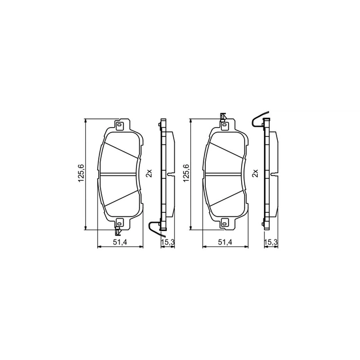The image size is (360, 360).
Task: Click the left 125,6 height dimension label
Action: [x=81, y=173]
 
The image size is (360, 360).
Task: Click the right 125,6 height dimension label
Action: [x=186, y=173]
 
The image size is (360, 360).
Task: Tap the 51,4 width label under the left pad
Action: [x=121, y=242]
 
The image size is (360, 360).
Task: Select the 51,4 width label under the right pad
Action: [x=226, y=242]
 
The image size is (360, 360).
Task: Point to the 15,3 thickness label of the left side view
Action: [x=168, y=242]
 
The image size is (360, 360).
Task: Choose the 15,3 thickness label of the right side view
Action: [x=271, y=242]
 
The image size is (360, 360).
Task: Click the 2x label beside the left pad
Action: [x=149, y=173]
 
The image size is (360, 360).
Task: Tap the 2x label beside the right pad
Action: [x=255, y=173]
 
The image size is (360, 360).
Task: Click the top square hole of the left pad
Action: [x=119, y=125]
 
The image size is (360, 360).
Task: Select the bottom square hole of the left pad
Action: [x=119, y=222]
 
